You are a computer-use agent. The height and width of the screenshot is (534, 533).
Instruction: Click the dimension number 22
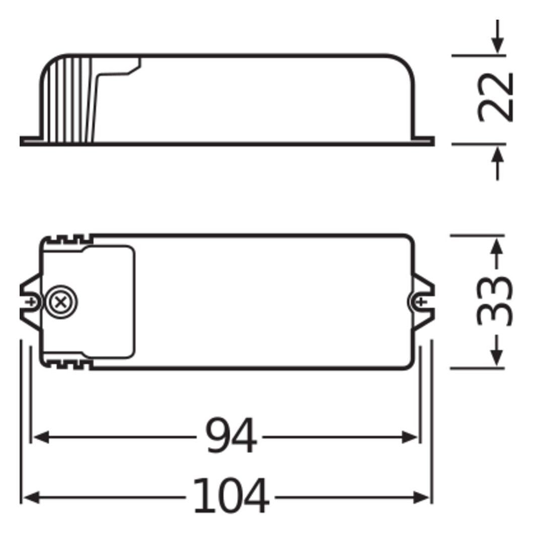coord(496,97)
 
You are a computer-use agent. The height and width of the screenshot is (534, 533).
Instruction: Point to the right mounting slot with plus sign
coord(421,301)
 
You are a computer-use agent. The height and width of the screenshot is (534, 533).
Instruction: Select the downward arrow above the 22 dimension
coord(497,46)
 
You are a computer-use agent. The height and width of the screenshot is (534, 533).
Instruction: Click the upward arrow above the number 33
coord(497,247)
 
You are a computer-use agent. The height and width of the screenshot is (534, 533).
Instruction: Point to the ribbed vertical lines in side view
coord(73,101)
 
